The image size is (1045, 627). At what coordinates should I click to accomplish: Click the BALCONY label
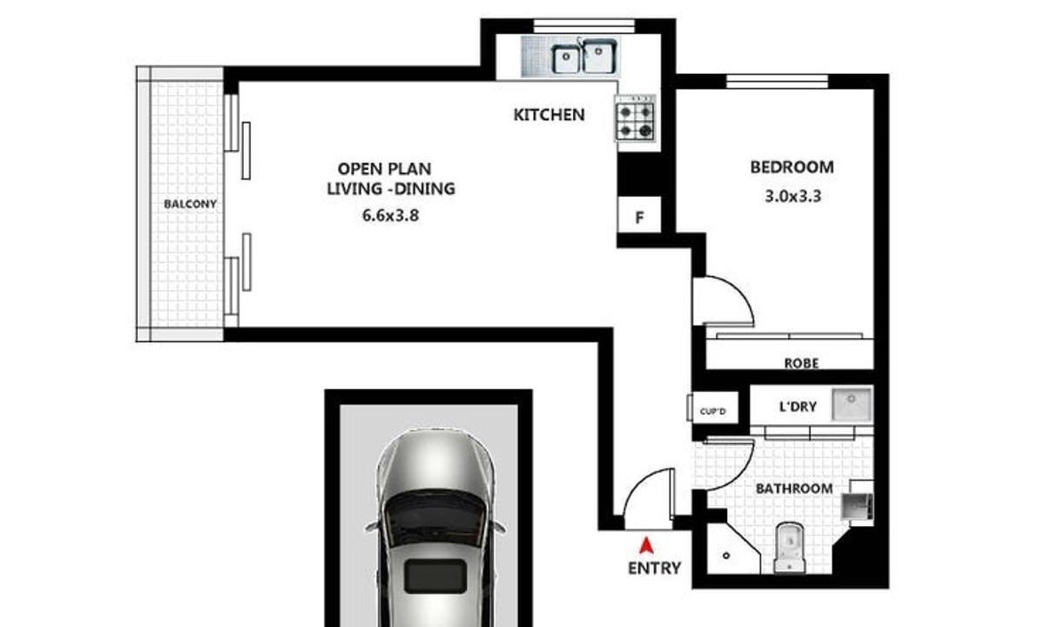(x=191, y=205)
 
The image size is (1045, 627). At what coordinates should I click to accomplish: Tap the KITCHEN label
(x=549, y=115)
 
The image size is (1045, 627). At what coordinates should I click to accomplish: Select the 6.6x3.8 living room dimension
(x=390, y=216)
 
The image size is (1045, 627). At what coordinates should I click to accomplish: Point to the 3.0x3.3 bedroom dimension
(x=792, y=197)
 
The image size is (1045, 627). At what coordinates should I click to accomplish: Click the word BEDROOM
(x=792, y=167)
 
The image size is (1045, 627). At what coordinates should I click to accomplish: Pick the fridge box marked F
(x=639, y=214)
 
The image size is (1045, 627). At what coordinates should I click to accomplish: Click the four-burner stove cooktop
(x=636, y=119)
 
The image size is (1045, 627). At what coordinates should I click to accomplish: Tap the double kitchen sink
(x=583, y=57)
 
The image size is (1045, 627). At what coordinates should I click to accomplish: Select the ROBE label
(x=801, y=363)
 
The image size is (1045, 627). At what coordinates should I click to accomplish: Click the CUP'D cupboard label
(x=713, y=411)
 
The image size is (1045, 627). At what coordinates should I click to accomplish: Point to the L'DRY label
(x=798, y=407)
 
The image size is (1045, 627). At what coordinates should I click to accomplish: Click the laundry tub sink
(x=852, y=404)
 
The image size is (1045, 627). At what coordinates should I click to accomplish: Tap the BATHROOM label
(x=794, y=489)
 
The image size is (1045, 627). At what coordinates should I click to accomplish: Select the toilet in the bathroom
(x=789, y=548)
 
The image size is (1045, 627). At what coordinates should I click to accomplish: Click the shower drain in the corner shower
(x=726, y=556)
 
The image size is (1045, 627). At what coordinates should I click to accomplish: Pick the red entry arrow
(x=646, y=545)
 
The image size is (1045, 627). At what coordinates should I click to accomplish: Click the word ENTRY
(x=655, y=568)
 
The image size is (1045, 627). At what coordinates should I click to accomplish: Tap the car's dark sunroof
(x=435, y=576)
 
